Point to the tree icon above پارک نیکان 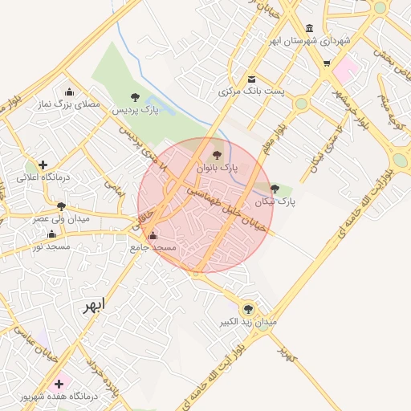coord(275,189)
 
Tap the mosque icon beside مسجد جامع coord(153,236)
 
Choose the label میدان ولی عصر coord(61,218)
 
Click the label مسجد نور coord(52,246)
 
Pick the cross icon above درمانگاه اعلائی coord(43,165)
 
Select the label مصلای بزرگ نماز coord(69,104)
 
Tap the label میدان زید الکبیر coord(249,322)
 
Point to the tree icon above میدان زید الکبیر coord(247,308)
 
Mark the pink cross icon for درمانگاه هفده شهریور coord(59,384)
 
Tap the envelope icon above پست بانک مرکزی coord(252,79)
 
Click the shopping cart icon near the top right coord(327,63)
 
